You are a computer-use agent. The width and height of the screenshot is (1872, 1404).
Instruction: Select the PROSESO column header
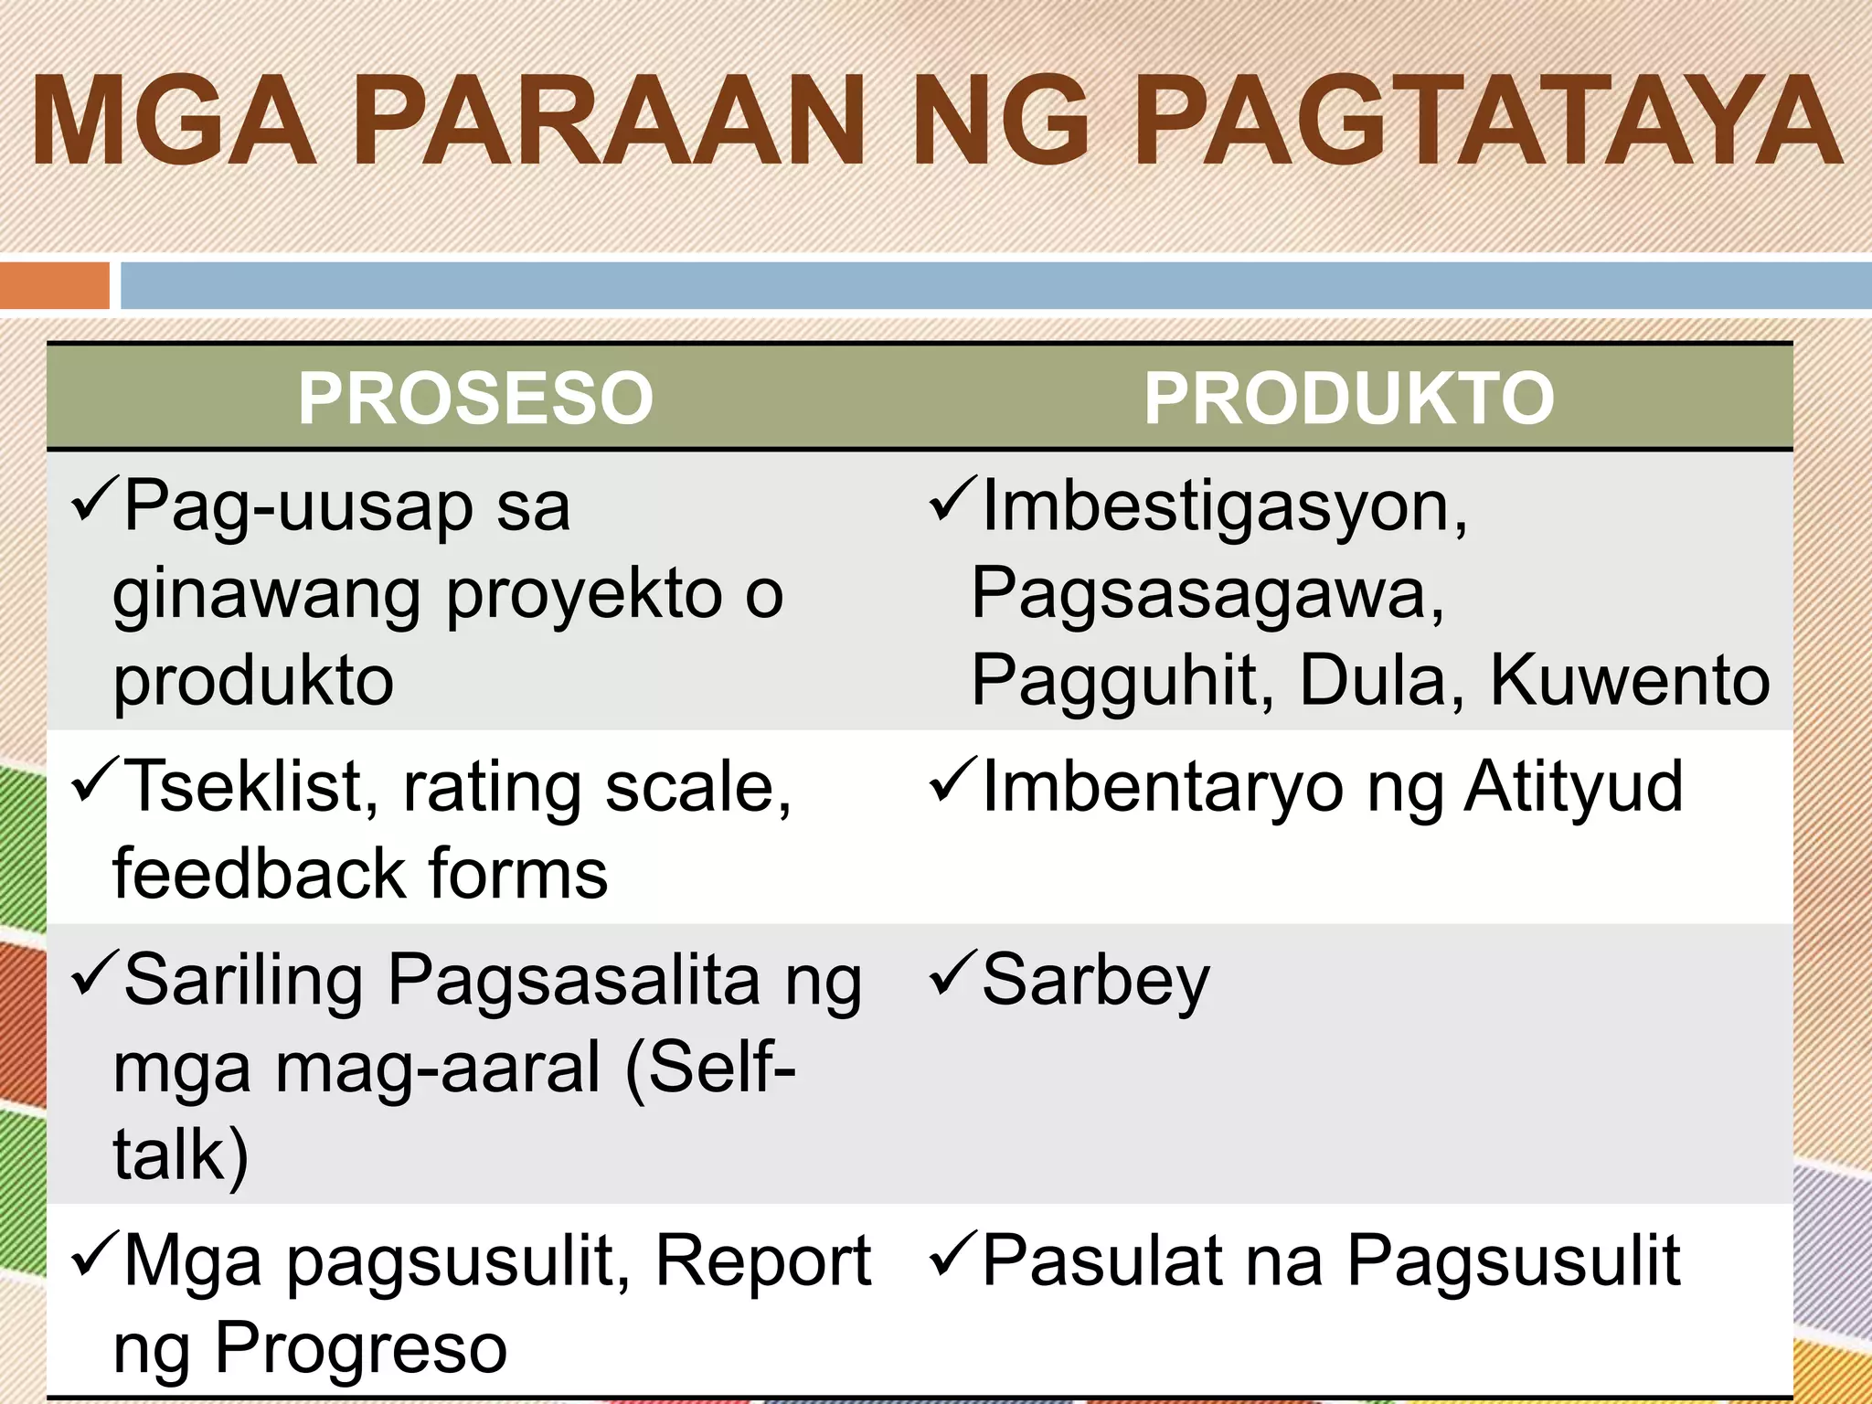tap(475, 398)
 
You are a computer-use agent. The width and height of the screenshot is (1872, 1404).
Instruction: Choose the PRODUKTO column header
tap(1349, 398)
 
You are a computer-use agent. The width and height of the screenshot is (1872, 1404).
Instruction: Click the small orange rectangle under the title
tap(54, 285)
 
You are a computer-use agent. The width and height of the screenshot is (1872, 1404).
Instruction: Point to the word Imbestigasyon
tap(1224, 507)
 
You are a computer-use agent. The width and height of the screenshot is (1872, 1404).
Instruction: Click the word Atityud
tap(1573, 787)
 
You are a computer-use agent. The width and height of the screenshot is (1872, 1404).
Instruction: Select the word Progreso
tap(360, 1348)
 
